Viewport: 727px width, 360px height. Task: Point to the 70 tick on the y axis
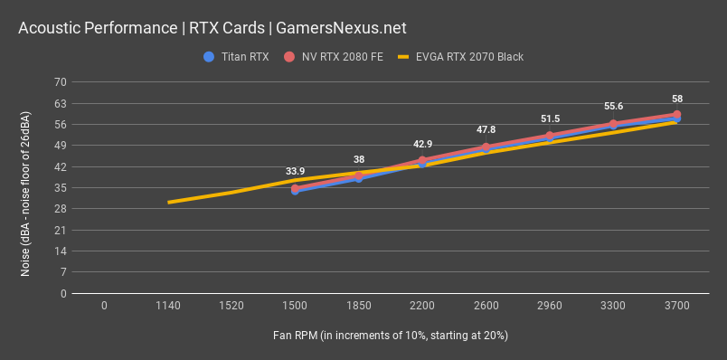(61, 82)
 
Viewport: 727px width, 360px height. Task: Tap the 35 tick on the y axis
(61, 188)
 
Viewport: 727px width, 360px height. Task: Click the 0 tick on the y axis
(64, 294)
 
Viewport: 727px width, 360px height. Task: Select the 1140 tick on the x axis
(168, 307)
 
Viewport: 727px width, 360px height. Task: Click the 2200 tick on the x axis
(422, 307)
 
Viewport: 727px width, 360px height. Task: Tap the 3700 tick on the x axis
(676, 307)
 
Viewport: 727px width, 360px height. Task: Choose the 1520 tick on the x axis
(231, 307)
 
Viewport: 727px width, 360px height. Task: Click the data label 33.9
(296, 171)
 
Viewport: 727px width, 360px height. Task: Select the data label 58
(676, 99)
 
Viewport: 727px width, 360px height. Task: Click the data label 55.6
(613, 106)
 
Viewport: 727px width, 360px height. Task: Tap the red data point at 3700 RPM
(676, 115)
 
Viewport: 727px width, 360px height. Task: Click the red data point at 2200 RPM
(422, 160)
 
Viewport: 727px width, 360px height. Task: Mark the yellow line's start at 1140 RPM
(168, 203)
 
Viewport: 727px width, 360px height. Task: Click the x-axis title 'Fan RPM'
(390, 336)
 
